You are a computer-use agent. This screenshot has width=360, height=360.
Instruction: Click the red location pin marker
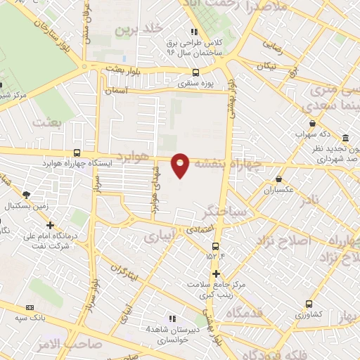pos(181,165)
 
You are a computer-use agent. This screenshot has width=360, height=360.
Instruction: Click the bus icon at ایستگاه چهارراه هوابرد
pos(77,153)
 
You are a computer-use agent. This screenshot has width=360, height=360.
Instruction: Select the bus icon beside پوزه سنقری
pos(196,71)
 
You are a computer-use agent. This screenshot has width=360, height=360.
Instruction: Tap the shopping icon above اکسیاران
pos(279,179)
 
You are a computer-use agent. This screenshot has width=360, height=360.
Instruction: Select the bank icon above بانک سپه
pos(30,307)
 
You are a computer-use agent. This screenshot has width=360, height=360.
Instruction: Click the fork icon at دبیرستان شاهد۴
pos(172,319)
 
